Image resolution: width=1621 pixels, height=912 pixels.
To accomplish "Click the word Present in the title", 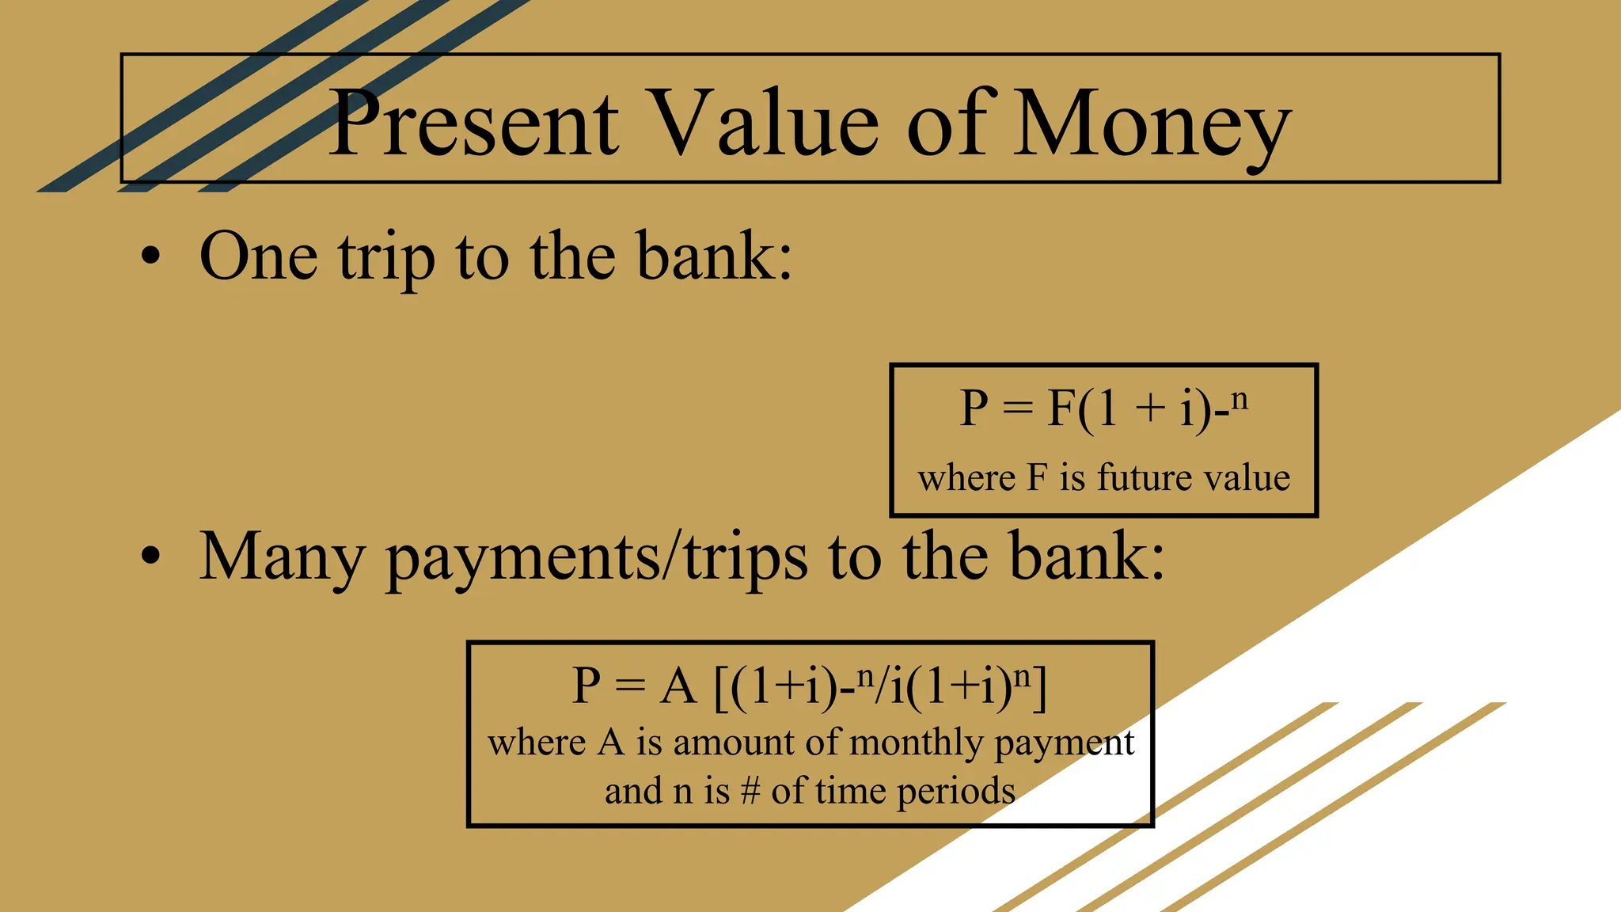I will (x=473, y=124).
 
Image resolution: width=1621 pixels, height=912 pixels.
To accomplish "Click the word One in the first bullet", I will (x=259, y=256).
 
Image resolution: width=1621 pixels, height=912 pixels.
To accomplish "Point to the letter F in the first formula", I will (x=1060, y=408).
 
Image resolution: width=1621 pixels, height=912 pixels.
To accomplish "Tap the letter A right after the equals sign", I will (x=678, y=686).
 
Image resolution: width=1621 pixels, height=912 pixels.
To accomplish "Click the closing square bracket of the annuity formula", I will (x=1040, y=687).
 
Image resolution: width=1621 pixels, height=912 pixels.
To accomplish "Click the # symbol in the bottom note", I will (x=750, y=791).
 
